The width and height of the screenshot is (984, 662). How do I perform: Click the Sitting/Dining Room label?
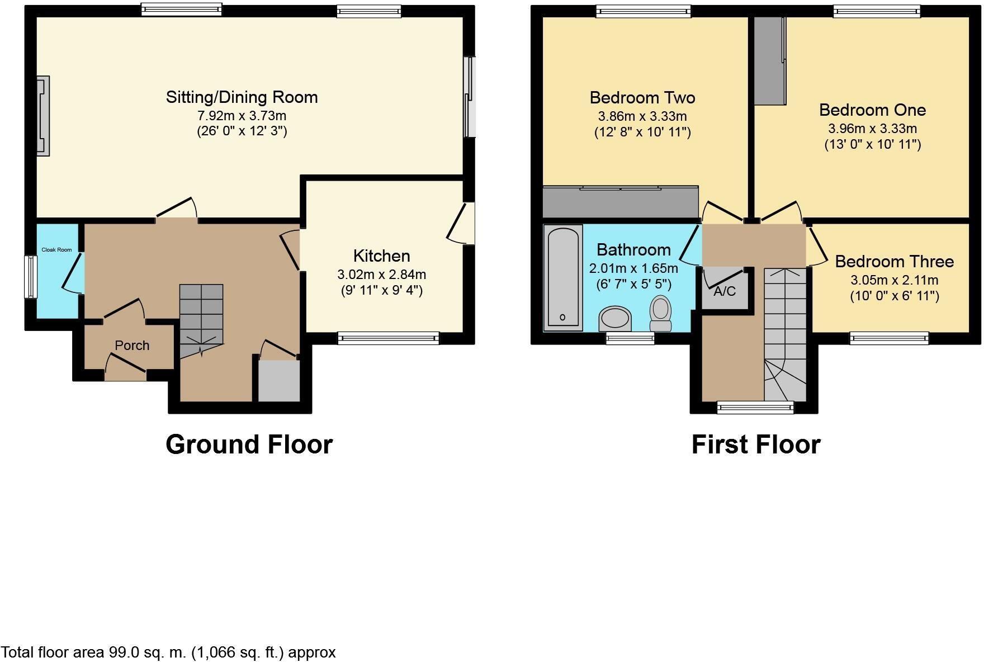242,97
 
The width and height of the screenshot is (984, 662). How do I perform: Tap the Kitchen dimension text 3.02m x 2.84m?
381,275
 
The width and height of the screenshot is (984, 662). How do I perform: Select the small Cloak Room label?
56,250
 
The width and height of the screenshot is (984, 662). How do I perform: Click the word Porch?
132,346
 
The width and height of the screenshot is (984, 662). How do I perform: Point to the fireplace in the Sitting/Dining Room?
43,116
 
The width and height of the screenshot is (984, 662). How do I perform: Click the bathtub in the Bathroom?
563,277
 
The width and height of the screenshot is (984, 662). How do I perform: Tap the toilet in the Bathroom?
661,313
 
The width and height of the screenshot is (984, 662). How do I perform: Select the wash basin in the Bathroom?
615,319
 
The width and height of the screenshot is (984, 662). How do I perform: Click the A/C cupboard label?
725,291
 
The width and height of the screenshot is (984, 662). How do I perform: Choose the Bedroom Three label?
894,262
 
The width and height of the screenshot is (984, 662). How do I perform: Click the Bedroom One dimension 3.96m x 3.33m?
872,129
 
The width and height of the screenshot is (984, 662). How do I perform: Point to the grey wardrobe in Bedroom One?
769,60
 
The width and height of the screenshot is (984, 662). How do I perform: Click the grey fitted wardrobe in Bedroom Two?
621,202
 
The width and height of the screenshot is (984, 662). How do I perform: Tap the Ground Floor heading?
249,445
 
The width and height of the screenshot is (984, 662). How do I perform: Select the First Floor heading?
755,445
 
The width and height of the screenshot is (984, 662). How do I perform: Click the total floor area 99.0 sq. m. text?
168,652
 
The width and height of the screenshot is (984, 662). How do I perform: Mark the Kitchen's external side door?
465,224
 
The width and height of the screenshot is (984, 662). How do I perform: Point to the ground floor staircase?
201,319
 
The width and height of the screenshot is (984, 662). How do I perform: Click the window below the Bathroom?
630,338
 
